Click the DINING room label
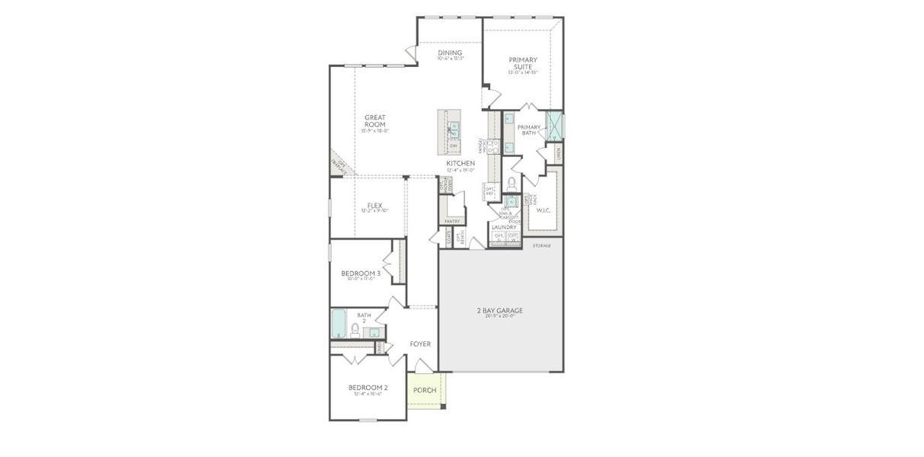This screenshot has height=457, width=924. coord(450,53)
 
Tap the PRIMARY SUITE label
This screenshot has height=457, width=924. coord(523,63)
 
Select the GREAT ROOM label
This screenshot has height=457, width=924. coord(374,121)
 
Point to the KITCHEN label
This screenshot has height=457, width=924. coord(460,164)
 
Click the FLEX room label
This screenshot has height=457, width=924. coord(374,206)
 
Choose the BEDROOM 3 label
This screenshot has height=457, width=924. coord(360,273)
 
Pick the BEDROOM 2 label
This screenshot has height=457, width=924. coord(368,387)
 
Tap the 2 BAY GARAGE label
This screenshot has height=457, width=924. coord(500,311)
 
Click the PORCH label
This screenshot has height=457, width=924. coord(425,391)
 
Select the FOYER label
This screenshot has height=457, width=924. coord(420,344)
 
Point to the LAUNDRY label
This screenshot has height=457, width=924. coord(504,227)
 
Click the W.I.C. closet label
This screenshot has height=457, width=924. coord(543,211)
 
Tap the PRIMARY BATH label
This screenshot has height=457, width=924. coord(529,130)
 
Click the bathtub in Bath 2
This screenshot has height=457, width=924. coord(338,324)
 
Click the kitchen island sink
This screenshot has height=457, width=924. coord(454,129)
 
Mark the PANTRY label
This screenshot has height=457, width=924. coord(452,222)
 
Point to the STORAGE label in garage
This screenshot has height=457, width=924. coord(541,246)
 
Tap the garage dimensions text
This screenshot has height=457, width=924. coord(500,316)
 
